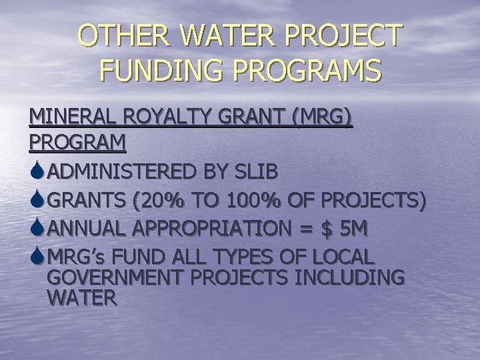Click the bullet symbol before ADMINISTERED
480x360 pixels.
[37, 171]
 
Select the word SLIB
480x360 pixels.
[253, 171]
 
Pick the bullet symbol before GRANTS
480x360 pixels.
[37, 199]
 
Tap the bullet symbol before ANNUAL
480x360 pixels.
[37, 227]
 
